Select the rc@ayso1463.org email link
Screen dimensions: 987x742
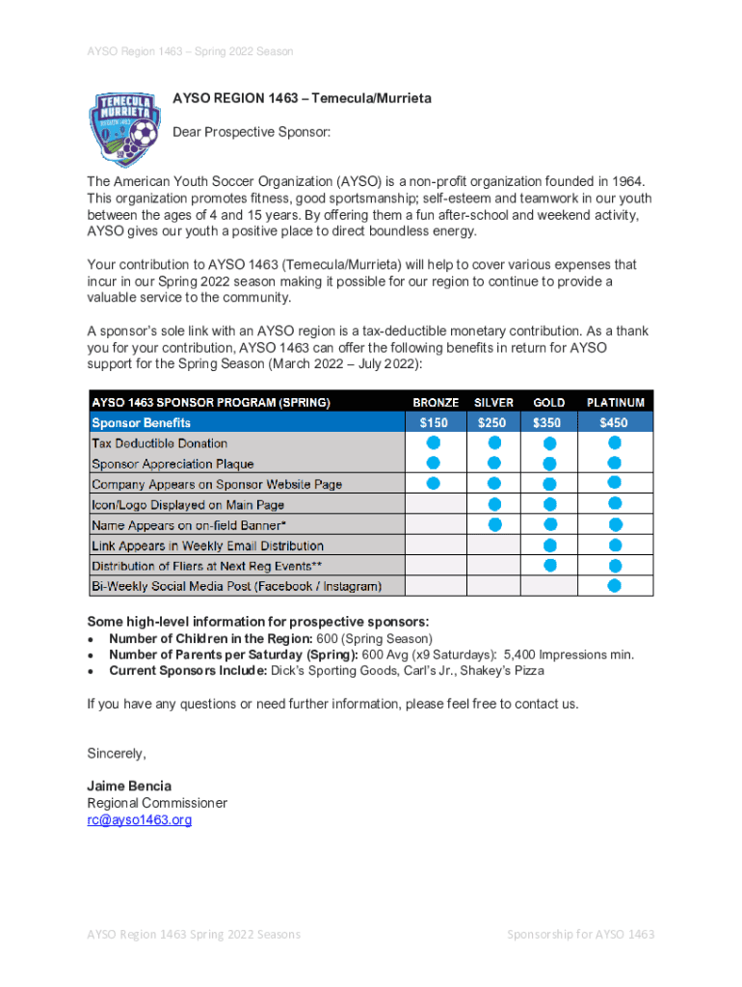(140, 820)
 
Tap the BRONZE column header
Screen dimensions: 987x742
(436, 402)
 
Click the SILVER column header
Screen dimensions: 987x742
(494, 402)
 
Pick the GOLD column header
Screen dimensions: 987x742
(549, 402)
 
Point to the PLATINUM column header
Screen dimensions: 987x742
(616, 402)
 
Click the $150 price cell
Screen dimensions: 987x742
(436, 422)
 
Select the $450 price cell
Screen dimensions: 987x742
(614, 422)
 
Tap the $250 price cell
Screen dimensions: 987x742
(494, 422)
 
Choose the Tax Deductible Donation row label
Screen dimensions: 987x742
(160, 443)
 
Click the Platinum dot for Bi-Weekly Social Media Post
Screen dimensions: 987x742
(614, 585)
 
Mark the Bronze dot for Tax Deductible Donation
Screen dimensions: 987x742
(434, 442)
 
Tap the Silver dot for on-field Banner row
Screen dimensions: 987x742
(494, 524)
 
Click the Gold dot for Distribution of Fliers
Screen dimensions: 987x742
(549, 565)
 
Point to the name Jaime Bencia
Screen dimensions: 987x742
(128, 786)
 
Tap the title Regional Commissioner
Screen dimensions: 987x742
(157, 803)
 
